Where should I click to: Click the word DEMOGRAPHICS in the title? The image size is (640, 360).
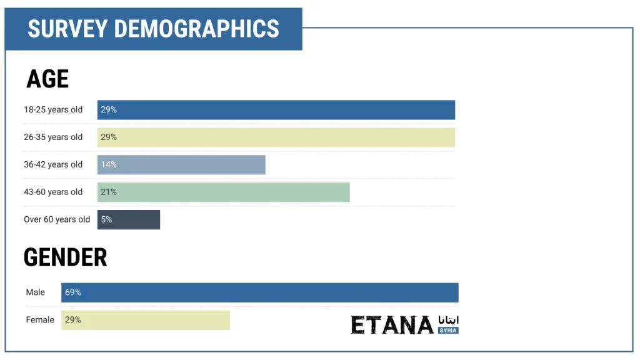point(197,29)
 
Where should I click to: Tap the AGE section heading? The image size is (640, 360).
point(47,79)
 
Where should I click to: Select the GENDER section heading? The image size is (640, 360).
point(65,257)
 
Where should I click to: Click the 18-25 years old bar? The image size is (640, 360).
point(276,110)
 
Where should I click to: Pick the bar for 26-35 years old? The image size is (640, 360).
point(276,137)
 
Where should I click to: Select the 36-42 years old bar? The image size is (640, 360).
point(181,165)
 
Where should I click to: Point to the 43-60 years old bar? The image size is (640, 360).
point(223,192)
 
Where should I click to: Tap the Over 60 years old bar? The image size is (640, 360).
point(129,220)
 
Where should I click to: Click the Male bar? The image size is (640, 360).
point(259,292)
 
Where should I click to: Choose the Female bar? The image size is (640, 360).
point(145,320)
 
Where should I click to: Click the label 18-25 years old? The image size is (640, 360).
point(53,110)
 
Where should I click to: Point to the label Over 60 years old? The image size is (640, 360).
point(57,220)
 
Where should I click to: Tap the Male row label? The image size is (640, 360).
point(36,292)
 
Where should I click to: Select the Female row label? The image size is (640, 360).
point(40,320)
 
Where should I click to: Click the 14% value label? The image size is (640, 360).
point(109,165)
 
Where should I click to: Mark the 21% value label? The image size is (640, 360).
point(109,192)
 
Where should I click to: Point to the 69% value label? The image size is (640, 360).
point(72,292)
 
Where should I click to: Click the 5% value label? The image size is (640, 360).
point(106,220)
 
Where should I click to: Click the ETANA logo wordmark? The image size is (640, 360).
point(392,325)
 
